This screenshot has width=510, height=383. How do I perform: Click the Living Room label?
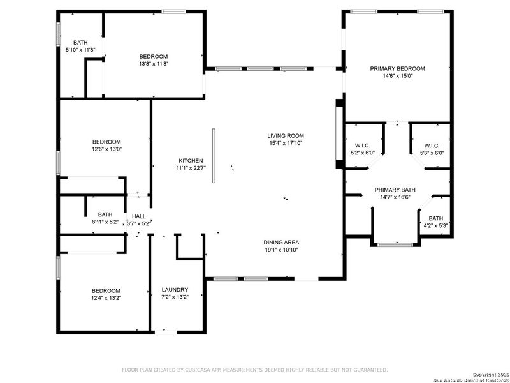tap(285, 135)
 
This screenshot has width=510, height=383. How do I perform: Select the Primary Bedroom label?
tap(398, 68)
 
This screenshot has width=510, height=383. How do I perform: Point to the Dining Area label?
tap(281, 242)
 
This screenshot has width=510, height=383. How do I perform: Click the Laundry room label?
tap(175, 290)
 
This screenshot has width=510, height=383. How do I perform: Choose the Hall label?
tap(139, 216)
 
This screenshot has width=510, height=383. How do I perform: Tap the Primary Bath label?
tap(395, 190)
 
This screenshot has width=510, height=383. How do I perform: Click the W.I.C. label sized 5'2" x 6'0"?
tap(361, 145)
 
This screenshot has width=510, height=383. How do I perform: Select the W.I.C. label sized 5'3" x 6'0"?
tap(432, 145)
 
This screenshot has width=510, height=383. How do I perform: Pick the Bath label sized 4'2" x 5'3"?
tap(436, 218)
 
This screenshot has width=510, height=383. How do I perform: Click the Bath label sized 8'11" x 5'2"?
tap(105, 214)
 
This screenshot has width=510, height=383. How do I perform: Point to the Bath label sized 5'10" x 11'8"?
tap(80, 42)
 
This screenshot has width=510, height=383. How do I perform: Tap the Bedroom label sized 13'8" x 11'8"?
tap(154, 56)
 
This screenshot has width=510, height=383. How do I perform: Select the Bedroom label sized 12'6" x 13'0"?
tap(106, 142)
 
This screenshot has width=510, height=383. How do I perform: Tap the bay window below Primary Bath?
tap(396, 244)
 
